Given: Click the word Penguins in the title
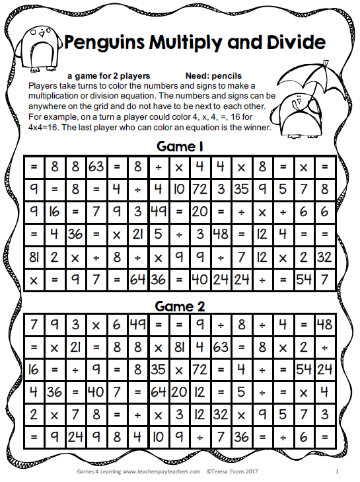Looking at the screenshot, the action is tap(102, 44).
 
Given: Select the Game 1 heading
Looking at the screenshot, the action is tap(179, 146).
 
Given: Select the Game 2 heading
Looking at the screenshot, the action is tap(179, 305).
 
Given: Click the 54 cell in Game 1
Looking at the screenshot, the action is tap(303, 278).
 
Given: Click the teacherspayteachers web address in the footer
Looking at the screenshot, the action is tap(159, 471).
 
